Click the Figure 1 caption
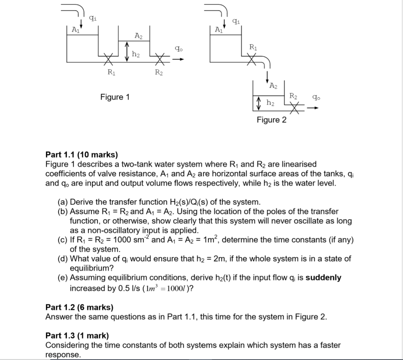(x=115, y=97)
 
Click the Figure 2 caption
(x=272, y=120)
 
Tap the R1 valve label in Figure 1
(x=111, y=72)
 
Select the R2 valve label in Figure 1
(x=159, y=72)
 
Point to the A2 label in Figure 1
(x=139, y=36)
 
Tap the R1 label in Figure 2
(x=253, y=47)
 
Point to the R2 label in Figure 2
(x=294, y=95)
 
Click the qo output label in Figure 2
(x=316, y=97)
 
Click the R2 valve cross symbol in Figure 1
(x=160, y=60)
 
